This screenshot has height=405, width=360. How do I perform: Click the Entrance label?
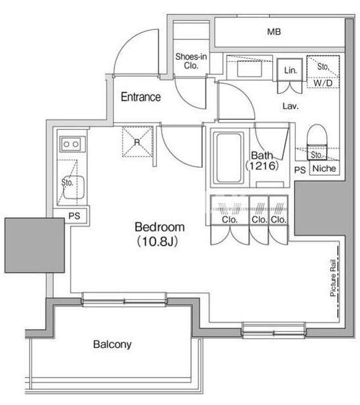coord(140,97)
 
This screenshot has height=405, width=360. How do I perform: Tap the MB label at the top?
coord(273,32)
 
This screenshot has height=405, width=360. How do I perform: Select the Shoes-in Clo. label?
coord(191,61)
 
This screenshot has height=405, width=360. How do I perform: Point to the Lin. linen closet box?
coord(289,70)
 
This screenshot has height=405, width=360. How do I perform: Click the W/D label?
coord(323,83)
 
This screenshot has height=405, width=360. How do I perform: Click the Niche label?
coord(324,169)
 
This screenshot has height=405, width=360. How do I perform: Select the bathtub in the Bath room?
coord(229,158)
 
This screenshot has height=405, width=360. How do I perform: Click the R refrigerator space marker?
coord(137,142)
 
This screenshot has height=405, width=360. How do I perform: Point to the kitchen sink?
coord(74,188)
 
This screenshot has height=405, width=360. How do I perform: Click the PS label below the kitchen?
coord(75,216)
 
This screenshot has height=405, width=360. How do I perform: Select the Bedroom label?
coord(160,227)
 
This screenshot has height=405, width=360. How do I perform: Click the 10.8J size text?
coord(157,242)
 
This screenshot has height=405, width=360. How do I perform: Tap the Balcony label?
coord(112,344)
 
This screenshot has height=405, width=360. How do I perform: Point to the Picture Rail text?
coord(333,278)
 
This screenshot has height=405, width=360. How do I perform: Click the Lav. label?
coord(291,106)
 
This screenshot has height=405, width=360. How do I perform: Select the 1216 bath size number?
coord(262,166)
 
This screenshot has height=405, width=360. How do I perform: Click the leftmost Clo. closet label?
coord(230,220)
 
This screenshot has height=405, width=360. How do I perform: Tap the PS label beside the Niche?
coord(300,170)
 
